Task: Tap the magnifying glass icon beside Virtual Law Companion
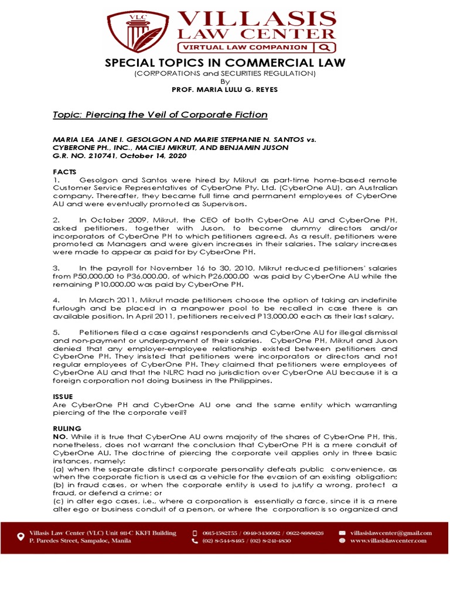323,47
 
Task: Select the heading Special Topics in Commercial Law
225,62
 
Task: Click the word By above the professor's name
225,81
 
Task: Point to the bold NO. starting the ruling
60,437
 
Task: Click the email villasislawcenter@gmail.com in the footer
391,533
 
